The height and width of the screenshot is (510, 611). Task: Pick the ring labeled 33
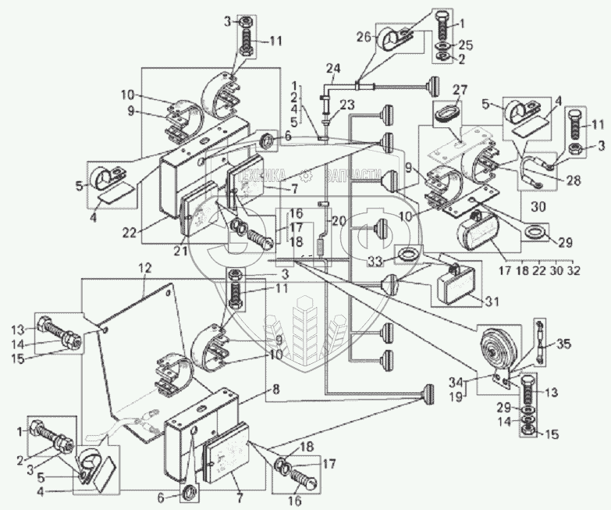(x=407, y=255)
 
